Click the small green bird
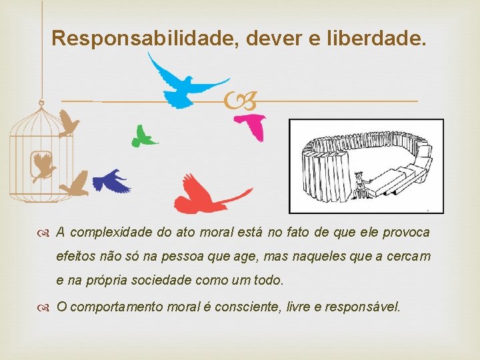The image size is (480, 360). [x=143, y=136]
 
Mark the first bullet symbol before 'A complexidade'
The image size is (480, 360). [x=44, y=233]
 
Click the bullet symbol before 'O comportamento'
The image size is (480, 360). [x=44, y=307]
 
